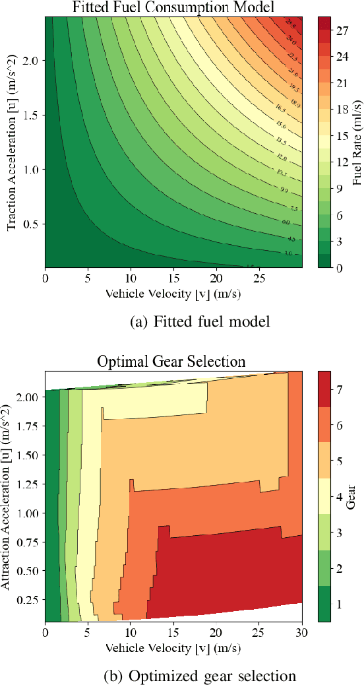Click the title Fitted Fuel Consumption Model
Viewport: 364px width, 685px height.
[173, 7]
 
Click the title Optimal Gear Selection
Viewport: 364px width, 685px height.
[171, 361]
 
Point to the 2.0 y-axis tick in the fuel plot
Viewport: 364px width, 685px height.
[30, 60]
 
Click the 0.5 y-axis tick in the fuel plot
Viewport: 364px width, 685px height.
[30, 224]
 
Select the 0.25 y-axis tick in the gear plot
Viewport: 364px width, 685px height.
[28, 599]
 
